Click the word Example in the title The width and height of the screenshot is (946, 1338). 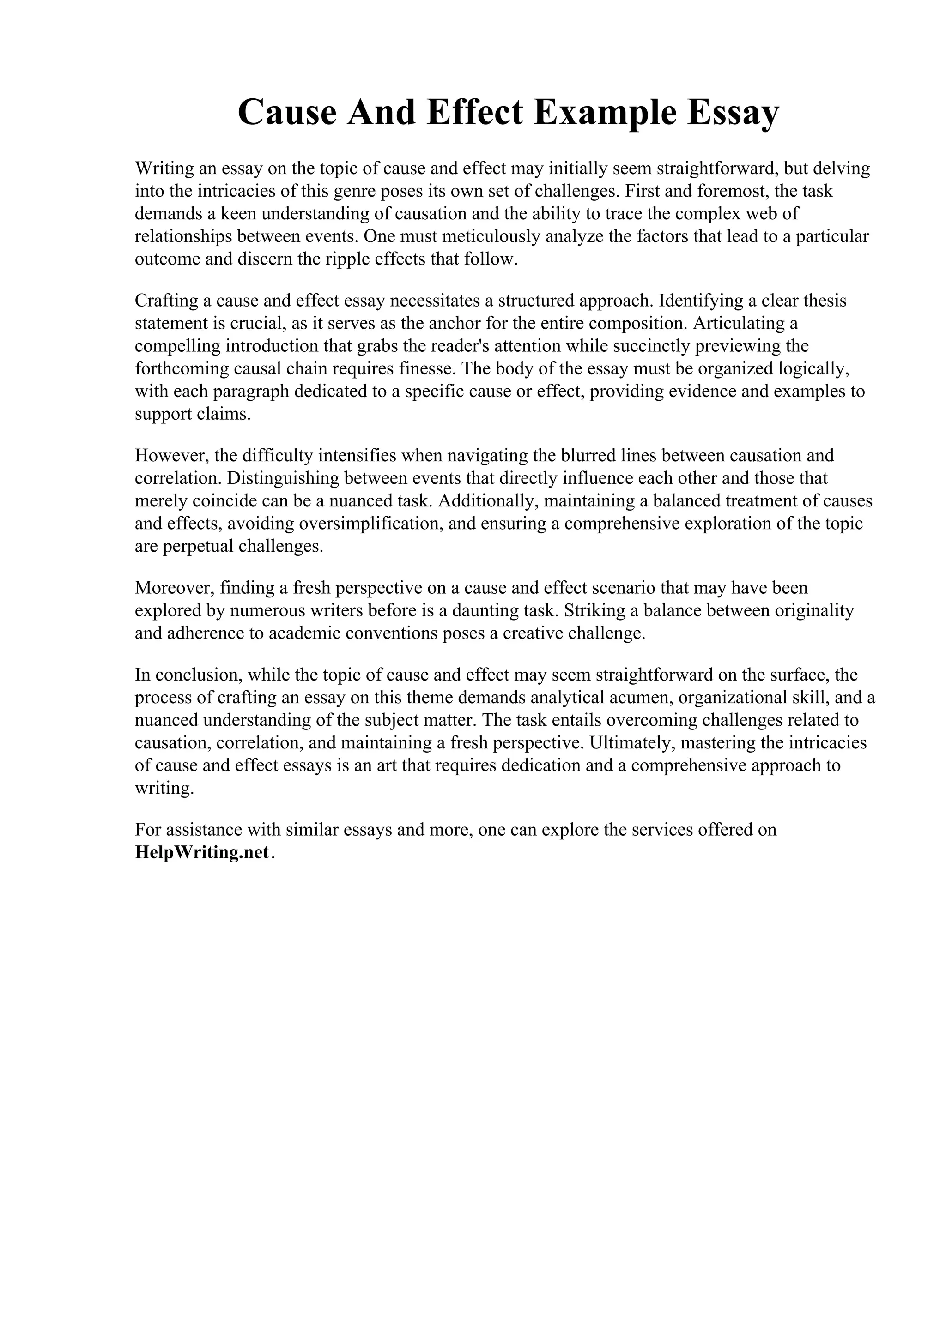[601, 113]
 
